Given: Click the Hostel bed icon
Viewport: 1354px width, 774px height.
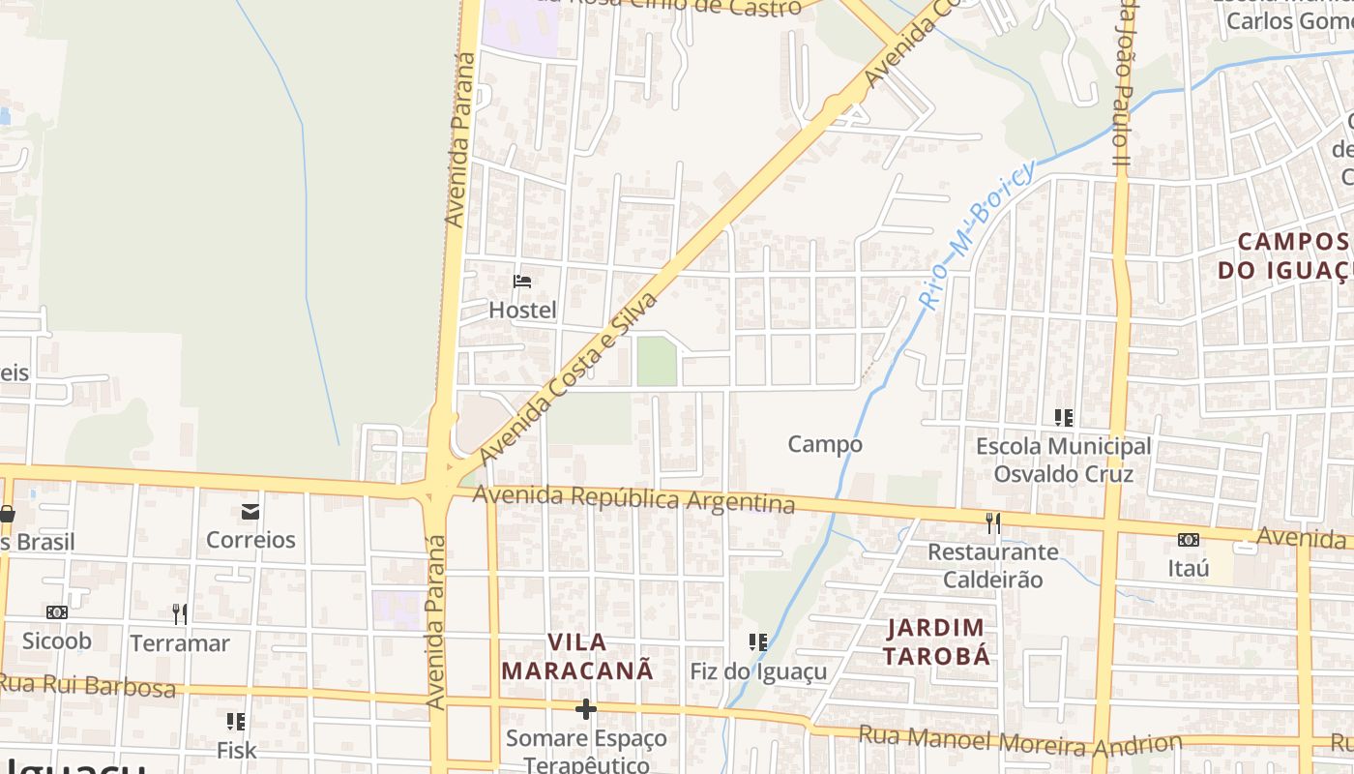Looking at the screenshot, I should click(522, 282).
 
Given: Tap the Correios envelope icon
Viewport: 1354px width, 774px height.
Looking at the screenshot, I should click(250, 512).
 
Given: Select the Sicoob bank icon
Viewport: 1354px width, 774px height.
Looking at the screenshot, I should click(57, 612).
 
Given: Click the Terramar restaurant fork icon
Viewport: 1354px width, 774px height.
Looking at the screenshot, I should click(180, 613).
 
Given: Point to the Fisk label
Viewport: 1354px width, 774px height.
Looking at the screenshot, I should click(236, 750).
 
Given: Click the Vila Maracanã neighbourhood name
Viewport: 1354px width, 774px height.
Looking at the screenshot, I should click(577, 656).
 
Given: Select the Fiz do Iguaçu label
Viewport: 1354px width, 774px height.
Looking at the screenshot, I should click(758, 670).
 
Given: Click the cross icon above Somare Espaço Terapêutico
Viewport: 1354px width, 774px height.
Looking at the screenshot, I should click(585, 709).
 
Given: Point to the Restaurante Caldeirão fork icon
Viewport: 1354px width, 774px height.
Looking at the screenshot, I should click(992, 523).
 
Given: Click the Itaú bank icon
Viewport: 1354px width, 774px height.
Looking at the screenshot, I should click(1188, 540).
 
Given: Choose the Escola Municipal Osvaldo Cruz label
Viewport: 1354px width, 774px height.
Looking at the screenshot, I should click(1063, 460).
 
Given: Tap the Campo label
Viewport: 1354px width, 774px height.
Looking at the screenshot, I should click(824, 444).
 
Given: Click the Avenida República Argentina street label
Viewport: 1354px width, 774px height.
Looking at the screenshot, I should click(633, 499).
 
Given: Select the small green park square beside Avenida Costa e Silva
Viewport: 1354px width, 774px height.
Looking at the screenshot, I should click(657, 361).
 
